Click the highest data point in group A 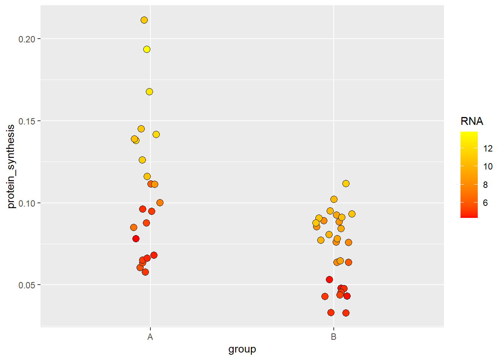pyautogui.click(x=144, y=20)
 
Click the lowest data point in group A pyautogui.click(x=145, y=272)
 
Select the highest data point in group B pyautogui.click(x=346, y=183)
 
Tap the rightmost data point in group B pyautogui.click(x=352, y=214)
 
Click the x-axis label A pyautogui.click(x=150, y=337)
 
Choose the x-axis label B pyautogui.click(x=333, y=337)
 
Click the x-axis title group pyautogui.click(x=242, y=349)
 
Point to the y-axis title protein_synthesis pyautogui.click(x=11, y=166)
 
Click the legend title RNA pyautogui.click(x=472, y=121)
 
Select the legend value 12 pyautogui.click(x=488, y=148)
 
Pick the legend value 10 pyautogui.click(x=488, y=166)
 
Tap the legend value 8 pyautogui.click(x=486, y=185)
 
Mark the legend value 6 pyautogui.click(x=486, y=203)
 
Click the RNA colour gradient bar pyautogui.click(x=469, y=174)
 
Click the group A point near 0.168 pyautogui.click(x=149, y=91)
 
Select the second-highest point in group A pyautogui.click(x=147, y=49)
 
